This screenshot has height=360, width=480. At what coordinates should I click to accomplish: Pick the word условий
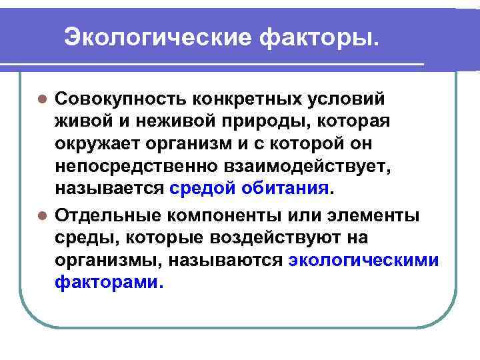[x=351, y=99]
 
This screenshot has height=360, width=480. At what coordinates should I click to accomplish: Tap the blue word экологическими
[x=364, y=261]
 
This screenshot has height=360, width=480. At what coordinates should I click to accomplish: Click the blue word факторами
[x=107, y=283]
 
